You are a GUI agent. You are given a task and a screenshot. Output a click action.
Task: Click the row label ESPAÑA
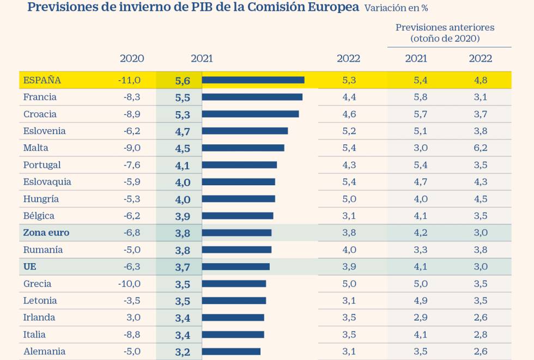coord(42,80)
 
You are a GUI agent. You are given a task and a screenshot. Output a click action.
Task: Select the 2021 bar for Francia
coord(252,97)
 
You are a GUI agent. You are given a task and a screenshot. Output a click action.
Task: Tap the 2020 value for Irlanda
coord(133,318)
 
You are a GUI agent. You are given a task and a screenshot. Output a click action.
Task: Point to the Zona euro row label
coord(46,233)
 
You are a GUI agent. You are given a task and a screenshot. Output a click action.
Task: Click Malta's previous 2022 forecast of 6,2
coord(481,148)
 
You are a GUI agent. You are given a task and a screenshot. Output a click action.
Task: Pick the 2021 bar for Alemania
coord(231,351)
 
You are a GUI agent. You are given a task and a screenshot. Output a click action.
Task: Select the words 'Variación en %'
coord(396,8)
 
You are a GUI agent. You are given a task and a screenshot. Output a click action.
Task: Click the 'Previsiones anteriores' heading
coord(445,27)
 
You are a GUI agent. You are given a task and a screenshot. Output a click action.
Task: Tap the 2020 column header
coord(132,59)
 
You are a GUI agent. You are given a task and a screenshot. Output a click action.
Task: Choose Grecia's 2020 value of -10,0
coord(129,284)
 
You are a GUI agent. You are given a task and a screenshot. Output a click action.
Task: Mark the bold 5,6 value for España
coord(183,80)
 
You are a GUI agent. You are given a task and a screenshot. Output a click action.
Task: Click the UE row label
coord(30,266)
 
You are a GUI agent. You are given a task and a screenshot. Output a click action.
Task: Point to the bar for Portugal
coord(239,165)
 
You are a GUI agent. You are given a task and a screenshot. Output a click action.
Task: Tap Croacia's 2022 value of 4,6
coord(349,114)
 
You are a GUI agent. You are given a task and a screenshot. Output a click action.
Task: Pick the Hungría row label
coord(41,199)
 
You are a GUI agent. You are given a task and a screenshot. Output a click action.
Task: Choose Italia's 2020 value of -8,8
coord(131,334)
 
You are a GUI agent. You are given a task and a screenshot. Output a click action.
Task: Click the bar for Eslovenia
coord(245,131)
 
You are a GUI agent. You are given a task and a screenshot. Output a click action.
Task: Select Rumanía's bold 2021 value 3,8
coord(183,250)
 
